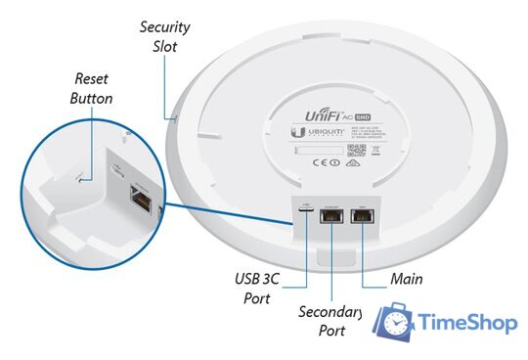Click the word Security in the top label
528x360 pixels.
click(163, 26)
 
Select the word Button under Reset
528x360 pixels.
click(91, 99)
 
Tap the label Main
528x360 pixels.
click(406, 280)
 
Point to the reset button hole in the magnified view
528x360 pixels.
click(79, 178)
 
